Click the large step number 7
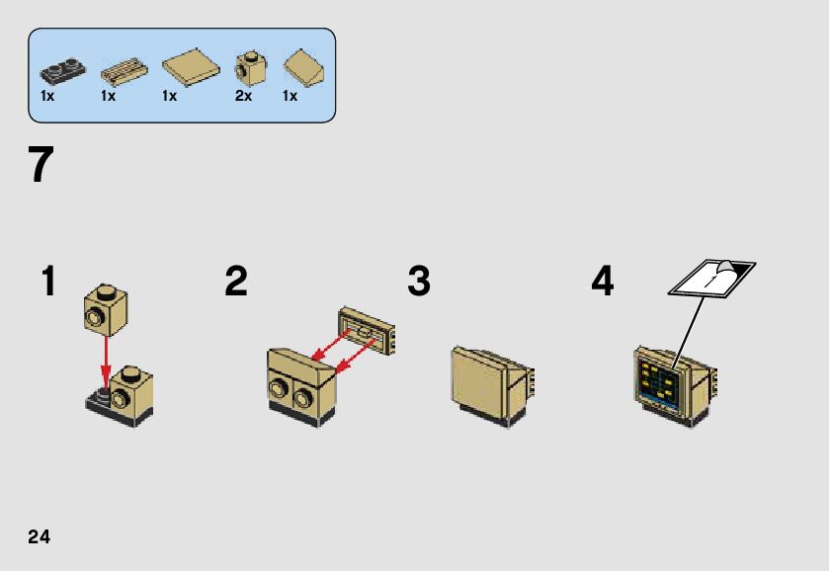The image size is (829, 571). coord(41,166)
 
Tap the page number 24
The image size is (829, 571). coord(39,536)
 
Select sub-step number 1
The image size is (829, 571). coord(48,283)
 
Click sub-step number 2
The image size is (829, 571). coord(235,283)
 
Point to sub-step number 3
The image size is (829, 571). coord(419,283)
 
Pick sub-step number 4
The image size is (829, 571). coord(602,283)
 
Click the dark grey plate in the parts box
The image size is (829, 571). coord(62,70)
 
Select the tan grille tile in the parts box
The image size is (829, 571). coord(124,69)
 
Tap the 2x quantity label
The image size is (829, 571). coord(243,97)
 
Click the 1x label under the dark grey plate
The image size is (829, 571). coord(47,97)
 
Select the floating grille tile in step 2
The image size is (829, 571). coord(368,330)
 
